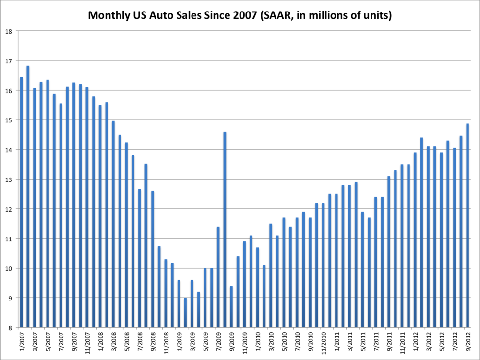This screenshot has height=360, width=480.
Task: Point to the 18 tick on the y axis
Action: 9,31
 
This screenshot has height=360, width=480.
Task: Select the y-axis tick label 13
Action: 9,180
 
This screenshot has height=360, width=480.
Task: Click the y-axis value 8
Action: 10,328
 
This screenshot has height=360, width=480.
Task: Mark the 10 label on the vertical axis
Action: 9,268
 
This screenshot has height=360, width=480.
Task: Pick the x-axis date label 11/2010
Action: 324,342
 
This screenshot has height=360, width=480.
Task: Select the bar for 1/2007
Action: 22,202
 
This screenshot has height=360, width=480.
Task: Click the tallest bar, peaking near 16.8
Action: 28,197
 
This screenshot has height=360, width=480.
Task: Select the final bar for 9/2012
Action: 468,226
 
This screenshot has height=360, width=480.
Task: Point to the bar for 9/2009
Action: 231,307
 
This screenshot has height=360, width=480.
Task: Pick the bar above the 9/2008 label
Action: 153,259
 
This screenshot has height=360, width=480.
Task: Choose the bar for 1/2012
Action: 415,240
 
